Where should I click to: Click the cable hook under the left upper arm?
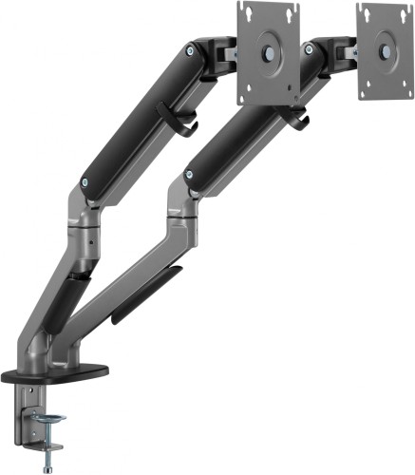pyautogui.click(x=184, y=123)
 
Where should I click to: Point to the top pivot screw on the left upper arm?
pyautogui.click(x=193, y=51)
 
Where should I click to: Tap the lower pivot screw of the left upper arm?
pyautogui.click(x=87, y=183)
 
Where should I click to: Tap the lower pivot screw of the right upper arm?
pyautogui.click(x=191, y=174)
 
